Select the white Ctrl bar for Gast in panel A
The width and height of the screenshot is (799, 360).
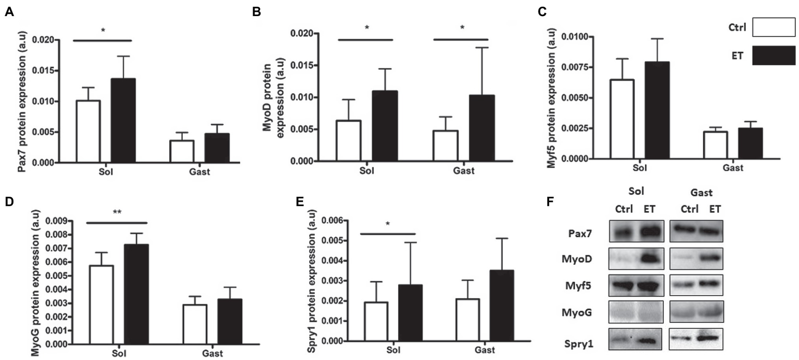(185, 151)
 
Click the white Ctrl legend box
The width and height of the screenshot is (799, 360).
(773, 28)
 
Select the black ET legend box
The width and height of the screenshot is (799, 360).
(773, 56)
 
